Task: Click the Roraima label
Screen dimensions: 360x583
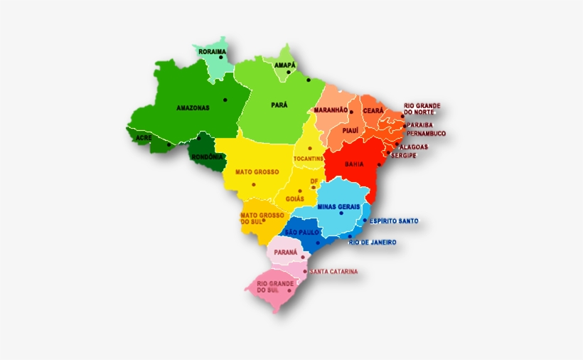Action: [x=212, y=52]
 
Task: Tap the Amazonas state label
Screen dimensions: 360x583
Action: [x=193, y=108]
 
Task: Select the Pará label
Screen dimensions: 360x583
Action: [x=279, y=105]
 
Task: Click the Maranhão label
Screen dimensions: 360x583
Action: [x=331, y=110]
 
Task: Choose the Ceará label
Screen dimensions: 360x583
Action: [x=373, y=110]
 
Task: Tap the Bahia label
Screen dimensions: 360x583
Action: [x=354, y=164]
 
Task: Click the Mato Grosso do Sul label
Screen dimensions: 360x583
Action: [x=262, y=218]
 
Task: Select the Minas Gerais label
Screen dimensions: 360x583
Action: [x=338, y=206]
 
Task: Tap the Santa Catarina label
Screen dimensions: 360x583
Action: [x=334, y=271]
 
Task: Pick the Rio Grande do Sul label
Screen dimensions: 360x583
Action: [x=271, y=287]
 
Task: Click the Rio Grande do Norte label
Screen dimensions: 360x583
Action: [x=422, y=109]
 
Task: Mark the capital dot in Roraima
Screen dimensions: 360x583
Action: [x=221, y=58]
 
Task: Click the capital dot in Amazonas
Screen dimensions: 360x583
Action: [x=225, y=100]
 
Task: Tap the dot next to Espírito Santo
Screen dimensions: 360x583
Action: [x=365, y=221]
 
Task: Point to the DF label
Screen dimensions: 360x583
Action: [x=314, y=181]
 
